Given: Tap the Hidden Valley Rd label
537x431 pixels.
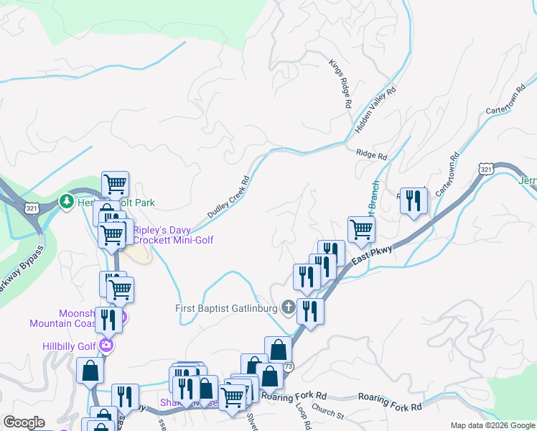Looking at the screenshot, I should (375, 110).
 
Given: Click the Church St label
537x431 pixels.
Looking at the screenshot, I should (329, 414).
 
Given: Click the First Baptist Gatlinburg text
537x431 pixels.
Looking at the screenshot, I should (227, 308).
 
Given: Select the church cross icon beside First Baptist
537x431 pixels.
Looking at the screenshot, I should (289, 308).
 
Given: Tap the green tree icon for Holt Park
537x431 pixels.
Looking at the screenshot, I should (67, 202).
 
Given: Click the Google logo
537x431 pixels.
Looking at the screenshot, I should (24, 422).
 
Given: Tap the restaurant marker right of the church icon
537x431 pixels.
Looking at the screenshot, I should (309, 312).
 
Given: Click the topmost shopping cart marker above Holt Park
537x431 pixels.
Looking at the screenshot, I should (114, 184).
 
